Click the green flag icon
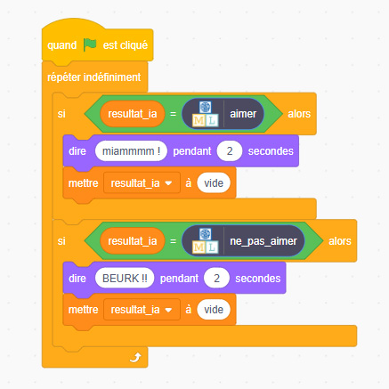[x=90, y=45]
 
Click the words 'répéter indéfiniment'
[x=94, y=77]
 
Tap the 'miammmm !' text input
[x=131, y=151]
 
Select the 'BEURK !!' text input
[x=125, y=279]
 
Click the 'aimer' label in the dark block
[x=243, y=114]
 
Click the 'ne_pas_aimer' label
[x=263, y=241]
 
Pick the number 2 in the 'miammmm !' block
[x=230, y=151]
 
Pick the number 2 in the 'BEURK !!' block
[x=217, y=279]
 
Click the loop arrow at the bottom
[x=135, y=357]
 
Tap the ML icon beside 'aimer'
[x=205, y=114]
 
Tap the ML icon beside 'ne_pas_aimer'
[x=205, y=241]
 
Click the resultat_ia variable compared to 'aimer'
[x=133, y=114]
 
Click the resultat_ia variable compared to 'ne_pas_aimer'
[x=133, y=241]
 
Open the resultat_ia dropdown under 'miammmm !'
[x=142, y=183]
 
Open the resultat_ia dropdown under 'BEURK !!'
[x=142, y=310]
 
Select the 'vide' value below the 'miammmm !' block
[x=214, y=183]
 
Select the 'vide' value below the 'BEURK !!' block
[x=214, y=310]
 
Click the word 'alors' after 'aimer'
[x=299, y=114]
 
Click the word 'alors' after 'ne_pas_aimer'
[x=340, y=241]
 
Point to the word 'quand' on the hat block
[x=62, y=45]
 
